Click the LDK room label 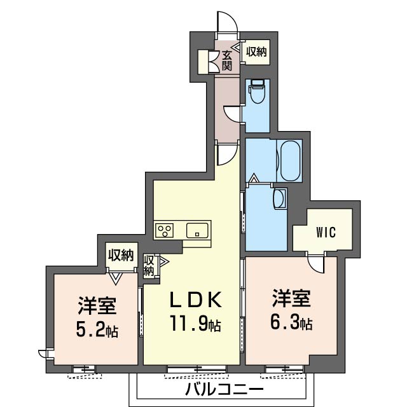click(x=196, y=300)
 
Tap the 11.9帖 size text click(x=195, y=323)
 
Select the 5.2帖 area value click(x=97, y=329)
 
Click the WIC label click(x=326, y=232)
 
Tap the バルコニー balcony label click(x=224, y=389)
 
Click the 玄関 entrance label click(x=226, y=61)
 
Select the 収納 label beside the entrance click(x=256, y=52)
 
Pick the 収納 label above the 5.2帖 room click(x=121, y=255)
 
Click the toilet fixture click(x=257, y=91)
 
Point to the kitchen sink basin click(x=197, y=230)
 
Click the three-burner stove click(x=165, y=230)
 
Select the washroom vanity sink click(x=280, y=198)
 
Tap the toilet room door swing click(x=231, y=113)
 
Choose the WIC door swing click(x=316, y=263)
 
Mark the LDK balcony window click(x=197, y=369)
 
